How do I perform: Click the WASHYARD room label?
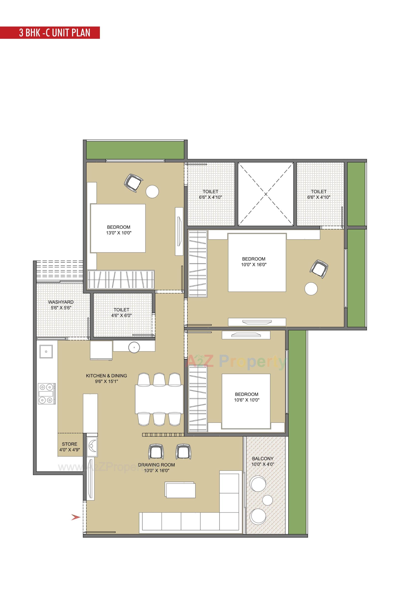click(61, 302)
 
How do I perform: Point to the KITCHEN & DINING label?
click(106, 376)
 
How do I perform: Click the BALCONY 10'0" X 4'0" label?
click(263, 461)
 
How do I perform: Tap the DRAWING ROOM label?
click(156, 465)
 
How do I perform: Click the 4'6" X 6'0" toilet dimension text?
click(121, 315)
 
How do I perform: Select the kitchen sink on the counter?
click(46, 351)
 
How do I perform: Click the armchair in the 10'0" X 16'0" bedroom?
click(319, 269)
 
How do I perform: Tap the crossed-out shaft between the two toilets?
click(265, 194)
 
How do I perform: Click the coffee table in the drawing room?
click(180, 490)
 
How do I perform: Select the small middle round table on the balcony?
click(268, 500)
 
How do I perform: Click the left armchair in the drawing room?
click(156, 452)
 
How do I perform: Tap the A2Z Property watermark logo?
click(237, 361)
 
